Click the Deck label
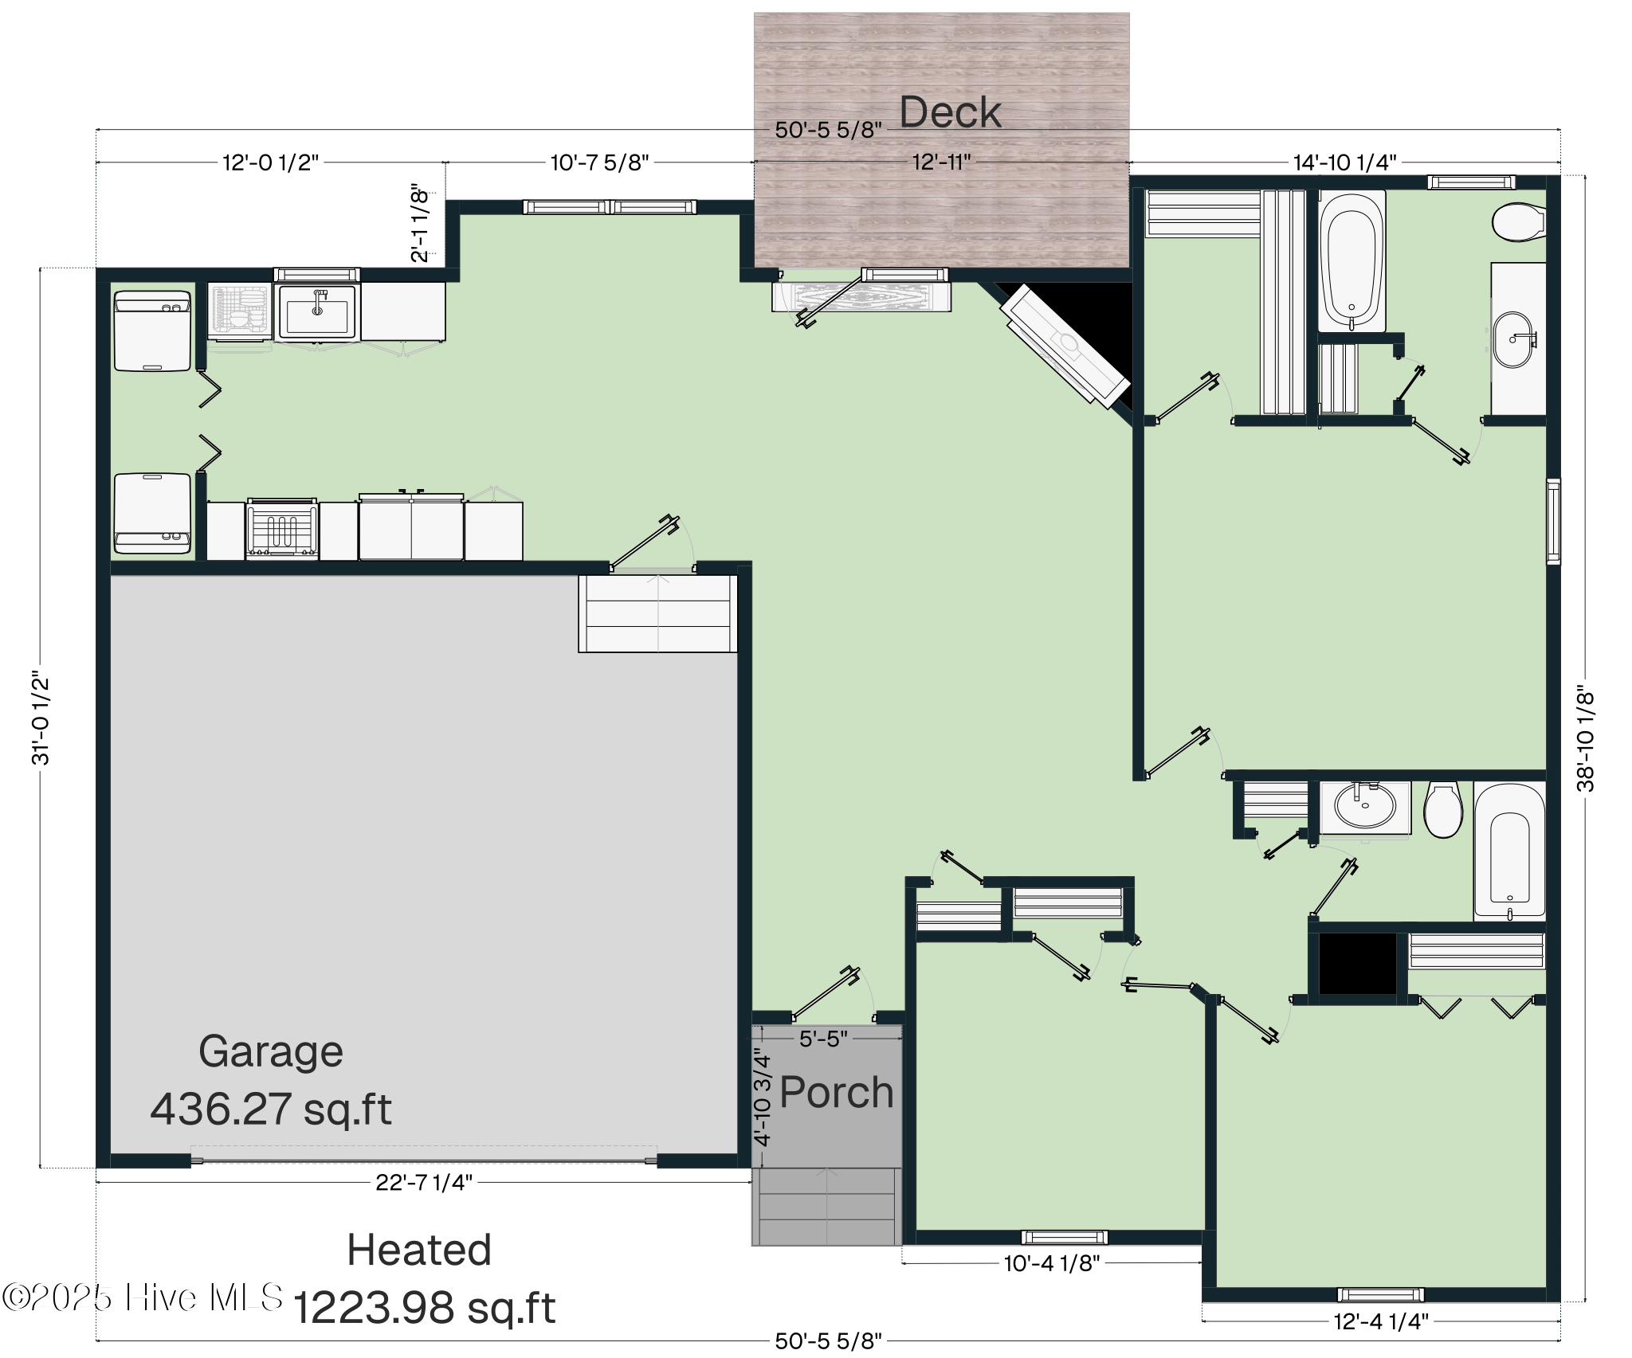click(950, 112)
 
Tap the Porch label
click(836, 1092)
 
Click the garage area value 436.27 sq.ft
click(271, 1109)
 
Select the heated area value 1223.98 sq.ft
click(424, 1308)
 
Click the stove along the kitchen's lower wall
click(282, 529)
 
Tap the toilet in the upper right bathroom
click(1518, 222)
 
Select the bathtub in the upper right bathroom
click(1351, 261)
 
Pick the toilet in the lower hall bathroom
click(1443, 809)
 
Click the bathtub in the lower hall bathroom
click(1508, 852)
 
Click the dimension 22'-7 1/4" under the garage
click(424, 1183)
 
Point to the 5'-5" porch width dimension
click(823, 1039)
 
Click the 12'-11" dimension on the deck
click(941, 162)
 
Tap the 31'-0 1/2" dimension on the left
click(41, 717)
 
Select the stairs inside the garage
click(657, 613)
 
